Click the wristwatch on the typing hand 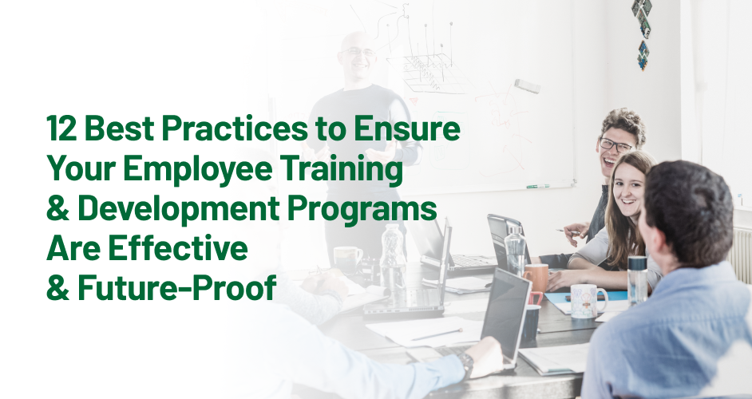465,362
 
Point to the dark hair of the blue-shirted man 687,199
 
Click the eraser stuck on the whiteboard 526,85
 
